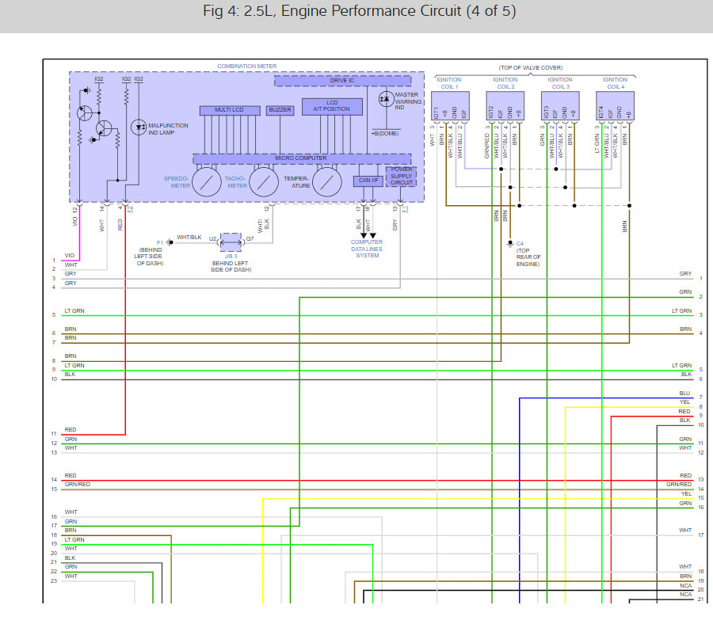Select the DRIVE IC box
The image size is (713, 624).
tap(343, 81)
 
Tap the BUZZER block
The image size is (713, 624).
tap(280, 109)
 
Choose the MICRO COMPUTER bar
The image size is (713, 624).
tap(301, 158)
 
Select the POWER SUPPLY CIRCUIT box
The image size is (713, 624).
tap(401, 176)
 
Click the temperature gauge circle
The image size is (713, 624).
tap(326, 181)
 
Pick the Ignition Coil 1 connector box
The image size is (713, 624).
tap(450, 106)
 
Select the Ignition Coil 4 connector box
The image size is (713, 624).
tap(615, 106)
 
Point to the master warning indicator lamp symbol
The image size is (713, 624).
tap(385, 97)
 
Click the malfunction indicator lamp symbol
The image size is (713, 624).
tap(138, 126)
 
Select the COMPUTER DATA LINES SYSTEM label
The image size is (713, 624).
tap(367, 249)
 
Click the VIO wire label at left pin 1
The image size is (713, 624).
tap(70, 256)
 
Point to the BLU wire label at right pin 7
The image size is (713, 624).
tap(684, 394)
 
